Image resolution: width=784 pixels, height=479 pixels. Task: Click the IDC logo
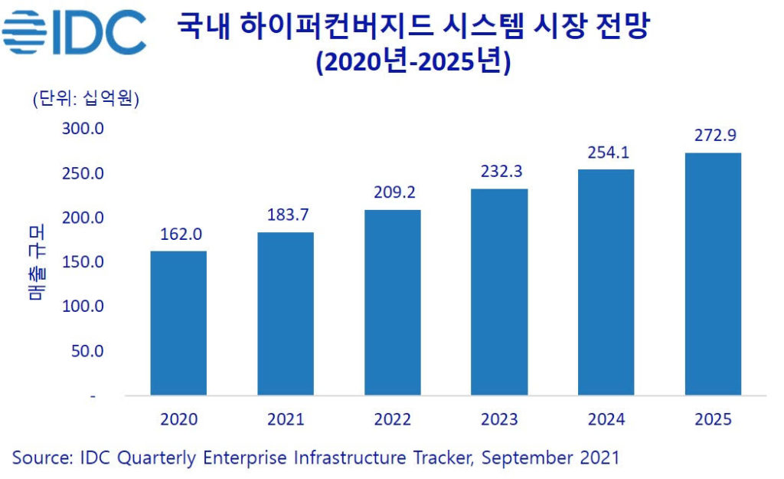coord(73,33)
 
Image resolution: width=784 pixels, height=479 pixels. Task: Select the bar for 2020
coord(178,323)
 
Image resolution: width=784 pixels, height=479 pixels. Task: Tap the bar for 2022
coord(392,303)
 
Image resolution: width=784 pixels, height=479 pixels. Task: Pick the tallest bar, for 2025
coord(713,274)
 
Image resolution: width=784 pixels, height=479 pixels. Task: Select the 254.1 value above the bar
coord(606,151)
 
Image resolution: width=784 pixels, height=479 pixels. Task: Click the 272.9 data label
coord(713,136)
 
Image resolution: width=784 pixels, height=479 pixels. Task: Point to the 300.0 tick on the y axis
coord(83,128)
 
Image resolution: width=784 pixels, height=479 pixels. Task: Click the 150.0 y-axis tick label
coord(83,262)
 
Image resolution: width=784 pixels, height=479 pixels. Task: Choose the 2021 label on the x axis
coord(286,419)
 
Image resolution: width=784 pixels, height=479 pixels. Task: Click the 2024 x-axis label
coord(606,419)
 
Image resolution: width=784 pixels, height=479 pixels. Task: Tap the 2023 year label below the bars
coord(499,419)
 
